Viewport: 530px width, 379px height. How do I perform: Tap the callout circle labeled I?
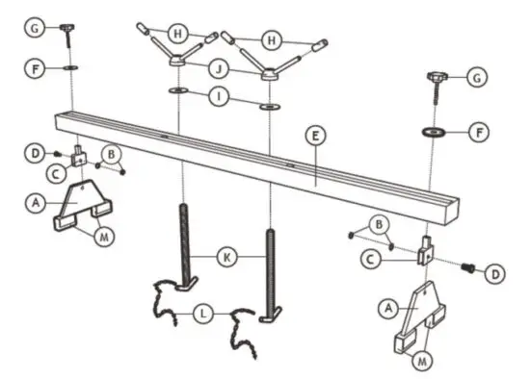point(223,97)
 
